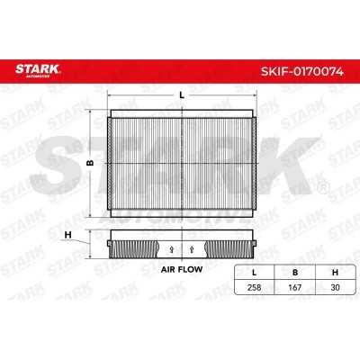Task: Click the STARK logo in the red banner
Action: pyautogui.click(x=38, y=71)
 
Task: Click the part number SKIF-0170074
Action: pyautogui.click(x=302, y=71)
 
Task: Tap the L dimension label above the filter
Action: pyautogui.click(x=182, y=95)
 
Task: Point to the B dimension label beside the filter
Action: pyautogui.click(x=90, y=163)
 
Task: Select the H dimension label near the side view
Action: pyautogui.click(x=68, y=235)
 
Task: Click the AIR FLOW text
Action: pyautogui.click(x=182, y=269)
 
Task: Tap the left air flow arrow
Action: pyautogui.click(x=172, y=249)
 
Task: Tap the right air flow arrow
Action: pyautogui.click(x=193, y=249)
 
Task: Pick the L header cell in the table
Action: pyautogui.click(x=255, y=273)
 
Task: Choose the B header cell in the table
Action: pyautogui.click(x=295, y=273)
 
